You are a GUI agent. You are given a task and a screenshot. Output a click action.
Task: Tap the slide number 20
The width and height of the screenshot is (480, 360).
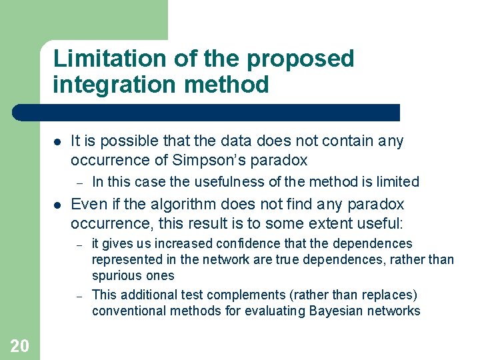(x=20, y=345)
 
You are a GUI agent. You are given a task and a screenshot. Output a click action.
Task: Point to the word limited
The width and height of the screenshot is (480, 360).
(x=396, y=181)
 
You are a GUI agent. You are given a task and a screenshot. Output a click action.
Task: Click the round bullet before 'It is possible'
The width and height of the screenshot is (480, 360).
(x=57, y=141)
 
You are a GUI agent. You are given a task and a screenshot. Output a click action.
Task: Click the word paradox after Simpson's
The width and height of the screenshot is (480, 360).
(x=285, y=161)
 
